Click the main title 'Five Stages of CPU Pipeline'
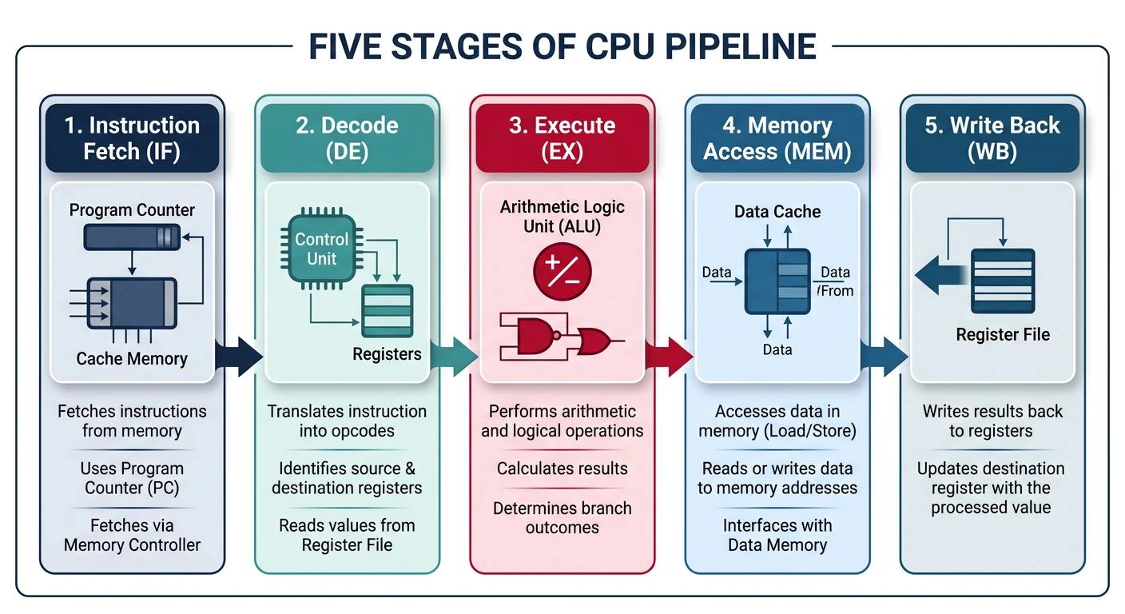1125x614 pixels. tap(562, 46)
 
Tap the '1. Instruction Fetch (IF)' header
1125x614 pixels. tap(132, 138)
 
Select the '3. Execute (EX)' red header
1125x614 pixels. tap(562, 138)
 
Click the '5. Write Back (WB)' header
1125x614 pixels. tap(992, 138)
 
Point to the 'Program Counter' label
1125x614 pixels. tap(132, 210)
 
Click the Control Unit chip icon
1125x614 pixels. tap(321, 249)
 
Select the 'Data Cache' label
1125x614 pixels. tap(777, 212)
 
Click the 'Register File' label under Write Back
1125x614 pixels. tap(1003, 334)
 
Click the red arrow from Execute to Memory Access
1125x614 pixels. tap(669, 356)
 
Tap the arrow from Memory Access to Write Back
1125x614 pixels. tap(884, 356)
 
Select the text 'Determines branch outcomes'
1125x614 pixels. tap(562, 517)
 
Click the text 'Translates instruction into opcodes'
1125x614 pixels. tap(347, 421)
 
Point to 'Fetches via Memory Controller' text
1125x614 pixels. tap(132, 535)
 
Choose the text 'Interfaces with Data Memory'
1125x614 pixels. tap(777, 535)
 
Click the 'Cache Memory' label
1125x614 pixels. tap(132, 358)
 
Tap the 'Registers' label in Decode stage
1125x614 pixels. tap(387, 353)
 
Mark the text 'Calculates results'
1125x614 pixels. tap(562, 468)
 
